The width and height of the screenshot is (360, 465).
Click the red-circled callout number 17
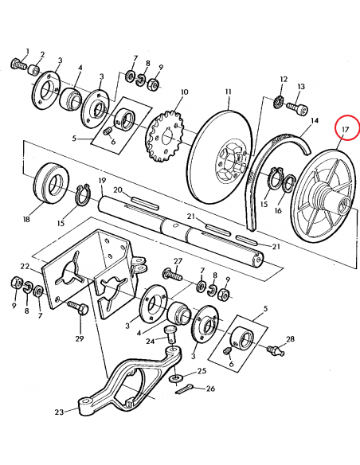coord(345,128)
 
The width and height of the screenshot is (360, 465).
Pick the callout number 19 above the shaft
coord(102,181)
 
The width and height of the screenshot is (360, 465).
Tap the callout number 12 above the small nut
coord(283,80)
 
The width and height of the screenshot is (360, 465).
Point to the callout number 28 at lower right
coord(290,339)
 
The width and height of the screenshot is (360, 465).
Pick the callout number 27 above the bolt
coord(178,261)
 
